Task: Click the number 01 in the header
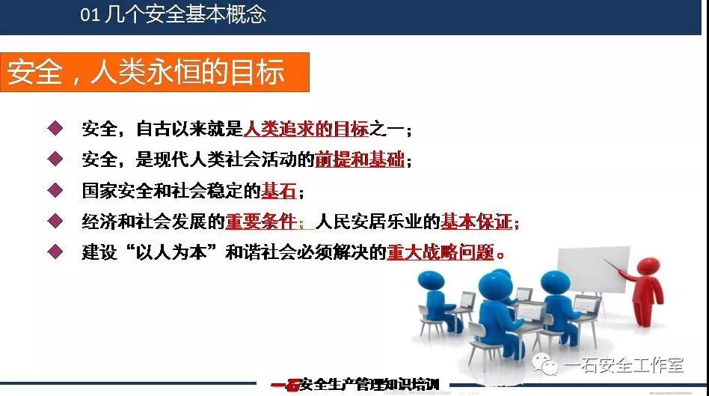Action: click(x=90, y=15)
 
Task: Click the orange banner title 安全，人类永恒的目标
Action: click(x=146, y=72)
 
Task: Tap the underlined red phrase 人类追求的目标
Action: click(x=306, y=130)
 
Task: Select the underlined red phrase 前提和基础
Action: click(x=360, y=159)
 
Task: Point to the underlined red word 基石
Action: click(x=278, y=191)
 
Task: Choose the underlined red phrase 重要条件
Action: click(x=261, y=222)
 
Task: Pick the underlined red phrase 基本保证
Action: click(x=476, y=222)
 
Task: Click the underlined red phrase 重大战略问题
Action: click(x=441, y=252)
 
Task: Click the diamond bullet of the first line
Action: click(x=55, y=128)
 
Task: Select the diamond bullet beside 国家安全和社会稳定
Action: click(x=55, y=189)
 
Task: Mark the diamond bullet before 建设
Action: click(x=55, y=252)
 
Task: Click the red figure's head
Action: click(x=648, y=266)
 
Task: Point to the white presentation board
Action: click(x=593, y=269)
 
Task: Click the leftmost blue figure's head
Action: click(x=431, y=281)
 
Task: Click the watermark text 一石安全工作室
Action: click(x=624, y=365)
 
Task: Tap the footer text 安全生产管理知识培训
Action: click(x=369, y=385)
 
